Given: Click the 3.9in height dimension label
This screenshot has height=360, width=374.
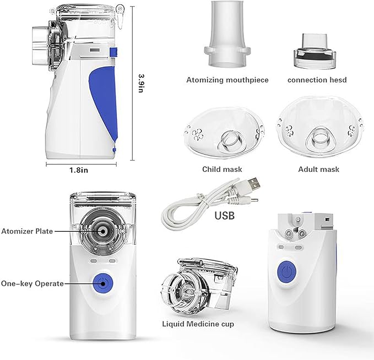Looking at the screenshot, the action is pos(141,83).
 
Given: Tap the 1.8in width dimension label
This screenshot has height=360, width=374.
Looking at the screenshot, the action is pos(79,170).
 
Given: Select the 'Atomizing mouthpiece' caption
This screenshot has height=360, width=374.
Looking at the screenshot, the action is pos(227,80).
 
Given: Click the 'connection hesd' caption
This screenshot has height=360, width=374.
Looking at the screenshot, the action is pos(317,80).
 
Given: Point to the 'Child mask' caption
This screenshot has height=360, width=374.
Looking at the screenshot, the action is pos(222,170).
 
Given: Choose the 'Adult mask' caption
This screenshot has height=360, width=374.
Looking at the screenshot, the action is pos(319,170).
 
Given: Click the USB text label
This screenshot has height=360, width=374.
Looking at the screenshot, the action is pos(224,216).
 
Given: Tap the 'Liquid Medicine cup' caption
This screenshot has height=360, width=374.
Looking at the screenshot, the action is pos(198,324).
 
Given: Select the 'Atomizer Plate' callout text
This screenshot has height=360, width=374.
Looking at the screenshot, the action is pos(27,231).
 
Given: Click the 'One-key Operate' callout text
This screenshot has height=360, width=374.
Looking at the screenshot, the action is pos(32,283).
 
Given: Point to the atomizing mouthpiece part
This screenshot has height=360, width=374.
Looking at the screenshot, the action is pos(227,34).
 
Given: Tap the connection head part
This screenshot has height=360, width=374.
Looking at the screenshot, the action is pos(315,51).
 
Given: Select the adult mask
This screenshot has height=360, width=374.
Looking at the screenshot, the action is pos(321,128).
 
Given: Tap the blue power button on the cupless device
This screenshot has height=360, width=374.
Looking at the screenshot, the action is pos(287,272).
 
